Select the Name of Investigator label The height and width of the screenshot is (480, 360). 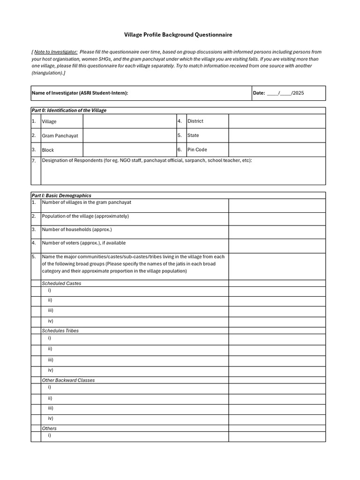pos(80,93)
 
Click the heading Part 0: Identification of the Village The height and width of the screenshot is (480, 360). pos(69,110)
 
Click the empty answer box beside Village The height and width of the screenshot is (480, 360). pos(129,121)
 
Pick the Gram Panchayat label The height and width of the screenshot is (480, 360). pos(60,135)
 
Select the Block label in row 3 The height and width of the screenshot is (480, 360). pos(48,150)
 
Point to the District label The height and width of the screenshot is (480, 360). pos(195,121)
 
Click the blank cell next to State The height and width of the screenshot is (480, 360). pos(277,135)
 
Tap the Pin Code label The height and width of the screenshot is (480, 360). pos(197,150)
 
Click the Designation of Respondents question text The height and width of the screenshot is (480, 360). pos(147,160)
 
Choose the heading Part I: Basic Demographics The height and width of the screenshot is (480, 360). pos(61,195)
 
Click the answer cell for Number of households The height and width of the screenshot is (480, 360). pos(277,232)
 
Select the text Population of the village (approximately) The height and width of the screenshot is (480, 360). pos(85,216)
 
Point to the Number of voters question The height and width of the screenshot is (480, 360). pos(84,243)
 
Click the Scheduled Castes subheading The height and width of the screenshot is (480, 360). pos(61,283)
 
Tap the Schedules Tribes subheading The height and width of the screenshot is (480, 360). pos(60,330)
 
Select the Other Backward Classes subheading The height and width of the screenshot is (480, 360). pos(68,380)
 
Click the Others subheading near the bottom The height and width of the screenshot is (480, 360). pos(49,428)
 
